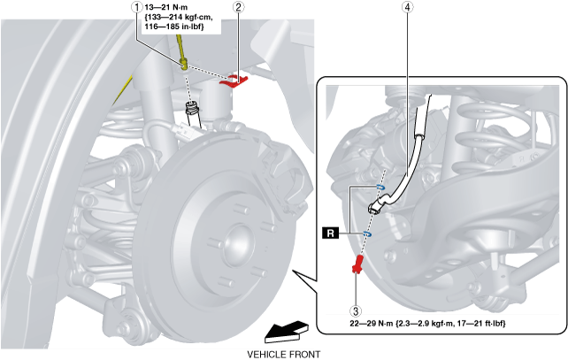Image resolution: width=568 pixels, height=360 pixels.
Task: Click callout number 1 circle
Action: (x=136, y=7)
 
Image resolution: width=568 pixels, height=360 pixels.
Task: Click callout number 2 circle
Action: (x=238, y=7)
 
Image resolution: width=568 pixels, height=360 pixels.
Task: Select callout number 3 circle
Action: (x=356, y=310)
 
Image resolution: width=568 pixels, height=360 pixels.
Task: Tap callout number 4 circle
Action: (x=408, y=7)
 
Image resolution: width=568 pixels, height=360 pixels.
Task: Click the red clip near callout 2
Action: (x=234, y=81)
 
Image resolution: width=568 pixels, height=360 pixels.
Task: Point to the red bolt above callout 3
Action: (x=358, y=264)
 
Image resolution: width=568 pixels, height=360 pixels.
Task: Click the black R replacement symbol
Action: (x=330, y=234)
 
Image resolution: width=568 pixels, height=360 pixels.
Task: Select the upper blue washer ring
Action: (x=380, y=188)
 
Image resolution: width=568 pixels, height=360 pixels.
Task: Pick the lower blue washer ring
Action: (x=367, y=234)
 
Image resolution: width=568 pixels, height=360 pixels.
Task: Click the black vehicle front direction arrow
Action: (x=287, y=332)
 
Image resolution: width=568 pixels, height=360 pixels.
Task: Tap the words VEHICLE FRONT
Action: (x=284, y=354)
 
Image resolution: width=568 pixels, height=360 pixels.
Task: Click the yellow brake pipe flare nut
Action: (x=184, y=65)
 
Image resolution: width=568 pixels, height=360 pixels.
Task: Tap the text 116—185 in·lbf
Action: (x=174, y=27)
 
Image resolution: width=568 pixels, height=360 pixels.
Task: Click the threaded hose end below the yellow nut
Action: (x=191, y=109)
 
